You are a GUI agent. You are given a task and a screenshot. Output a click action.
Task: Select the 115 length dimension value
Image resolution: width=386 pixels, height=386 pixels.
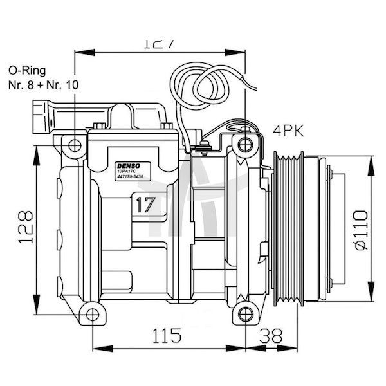point(167,335)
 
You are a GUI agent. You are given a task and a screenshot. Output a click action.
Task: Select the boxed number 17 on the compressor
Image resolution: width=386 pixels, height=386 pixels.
point(146,205)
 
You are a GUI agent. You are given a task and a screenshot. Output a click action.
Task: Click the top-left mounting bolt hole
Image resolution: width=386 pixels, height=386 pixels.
point(76,143)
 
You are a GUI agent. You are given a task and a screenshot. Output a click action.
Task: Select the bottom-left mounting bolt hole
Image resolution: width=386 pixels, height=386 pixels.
point(94,314)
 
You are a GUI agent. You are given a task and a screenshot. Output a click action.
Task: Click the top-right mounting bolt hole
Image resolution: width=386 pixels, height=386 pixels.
point(245,143)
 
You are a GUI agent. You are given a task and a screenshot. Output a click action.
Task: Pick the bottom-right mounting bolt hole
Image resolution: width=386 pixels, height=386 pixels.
point(246,314)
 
